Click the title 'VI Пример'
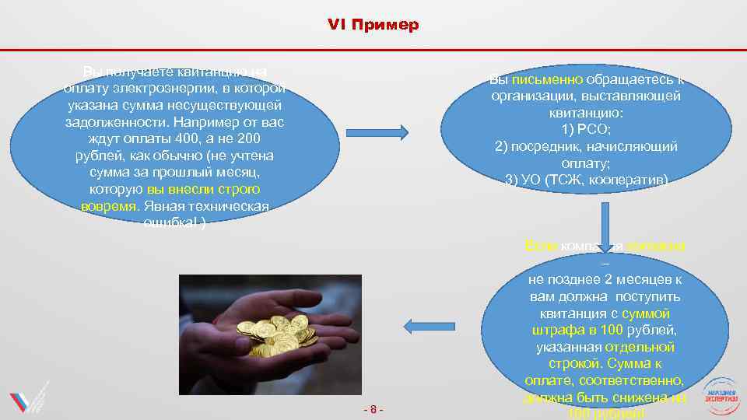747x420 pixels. [373, 25]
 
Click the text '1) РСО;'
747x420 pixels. [586, 129]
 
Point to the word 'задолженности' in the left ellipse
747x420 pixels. [117, 123]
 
